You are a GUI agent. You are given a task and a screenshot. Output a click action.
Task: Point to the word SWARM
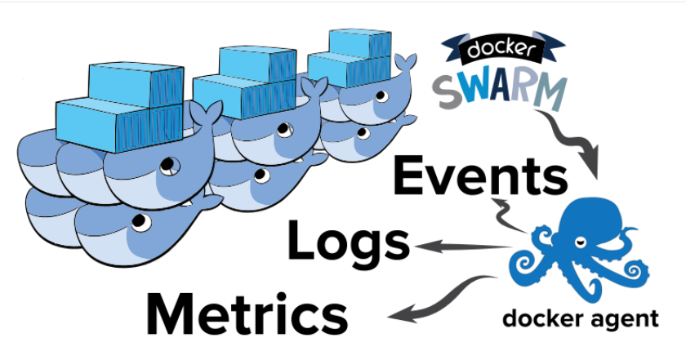click(500, 89)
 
